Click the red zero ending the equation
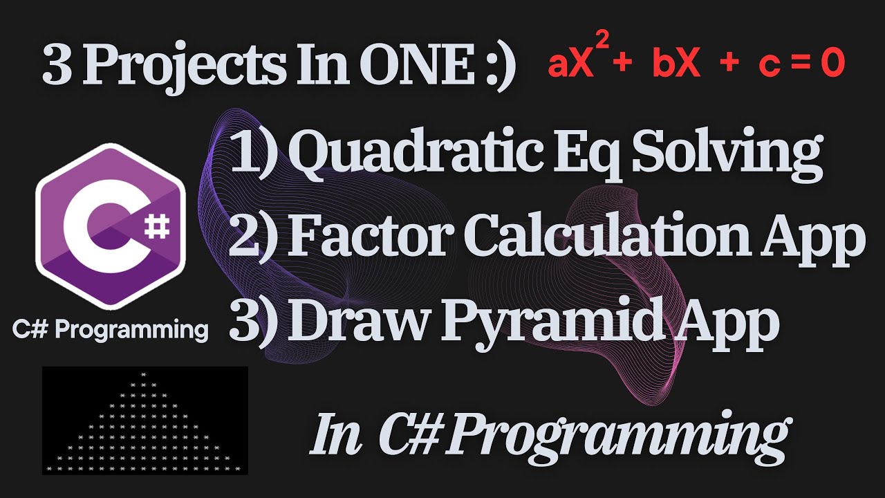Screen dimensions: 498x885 point(832,65)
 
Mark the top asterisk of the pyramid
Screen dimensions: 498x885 point(143,375)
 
